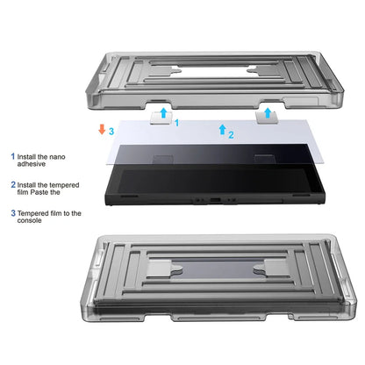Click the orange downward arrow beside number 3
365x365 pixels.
(x=102, y=131)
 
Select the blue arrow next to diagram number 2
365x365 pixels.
(x=221, y=130)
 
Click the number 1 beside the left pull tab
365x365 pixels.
(x=176, y=123)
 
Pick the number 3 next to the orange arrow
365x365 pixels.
(x=111, y=131)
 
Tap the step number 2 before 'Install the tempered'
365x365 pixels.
(x=13, y=185)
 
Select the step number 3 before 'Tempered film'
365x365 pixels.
(x=13, y=212)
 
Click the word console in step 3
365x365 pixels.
(x=35, y=221)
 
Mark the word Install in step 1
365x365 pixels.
(x=30, y=156)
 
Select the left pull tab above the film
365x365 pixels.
(x=161, y=115)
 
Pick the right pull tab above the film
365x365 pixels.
(x=266, y=115)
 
